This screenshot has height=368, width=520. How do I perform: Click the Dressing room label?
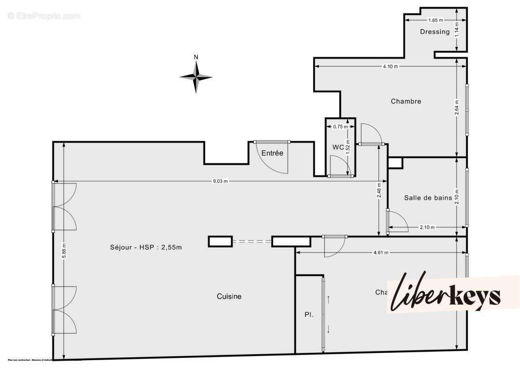click(x=434, y=32)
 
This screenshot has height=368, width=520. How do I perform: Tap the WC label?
click(x=338, y=147)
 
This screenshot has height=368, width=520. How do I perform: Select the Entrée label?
click(x=272, y=153)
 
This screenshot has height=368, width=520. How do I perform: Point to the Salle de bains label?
click(x=428, y=198)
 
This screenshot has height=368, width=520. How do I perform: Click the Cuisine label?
click(x=229, y=297)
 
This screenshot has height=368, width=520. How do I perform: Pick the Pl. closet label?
click(x=309, y=315)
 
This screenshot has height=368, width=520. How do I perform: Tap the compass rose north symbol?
click(x=196, y=77)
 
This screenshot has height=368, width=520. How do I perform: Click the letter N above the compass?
click(x=196, y=57)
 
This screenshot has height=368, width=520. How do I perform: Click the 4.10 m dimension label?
click(x=390, y=66)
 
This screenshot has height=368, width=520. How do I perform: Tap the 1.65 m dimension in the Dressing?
click(x=435, y=20)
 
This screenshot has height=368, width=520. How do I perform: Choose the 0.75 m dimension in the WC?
click(x=340, y=126)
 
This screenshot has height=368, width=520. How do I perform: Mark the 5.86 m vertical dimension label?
click(x=64, y=251)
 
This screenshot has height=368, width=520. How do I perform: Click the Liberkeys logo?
click(x=446, y=294)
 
